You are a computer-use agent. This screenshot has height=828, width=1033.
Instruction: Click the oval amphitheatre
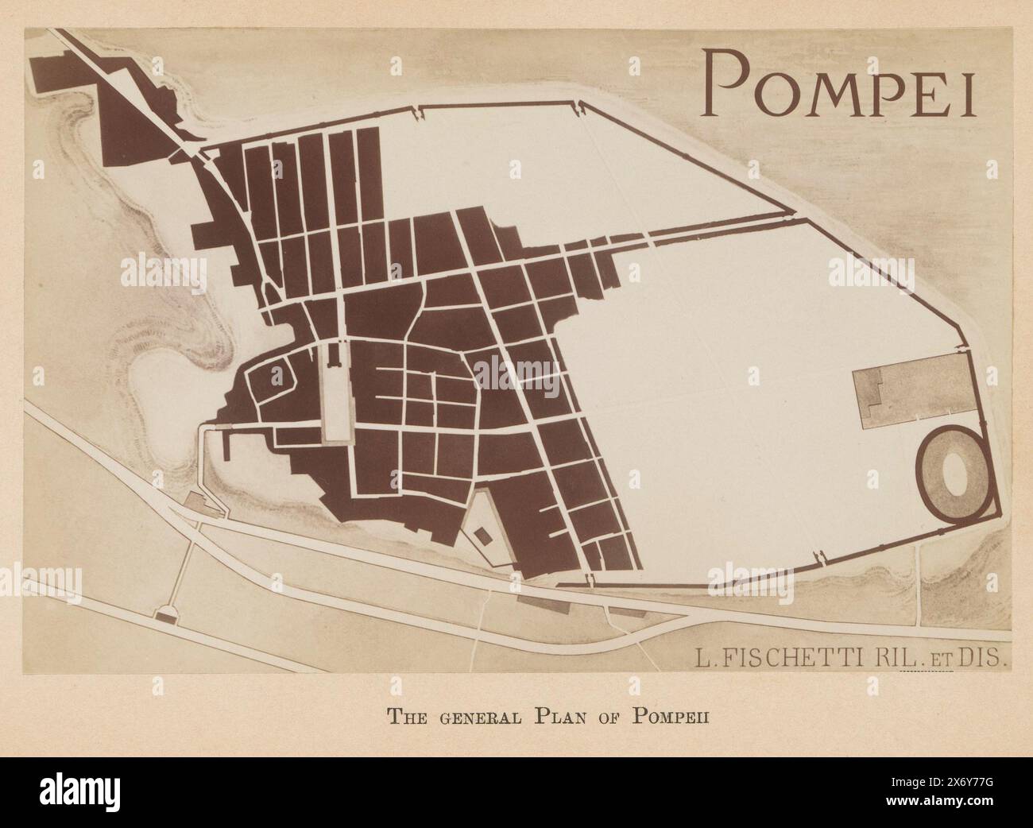click(954, 475)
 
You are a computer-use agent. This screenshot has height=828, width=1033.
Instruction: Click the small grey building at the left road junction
click(194, 502)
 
